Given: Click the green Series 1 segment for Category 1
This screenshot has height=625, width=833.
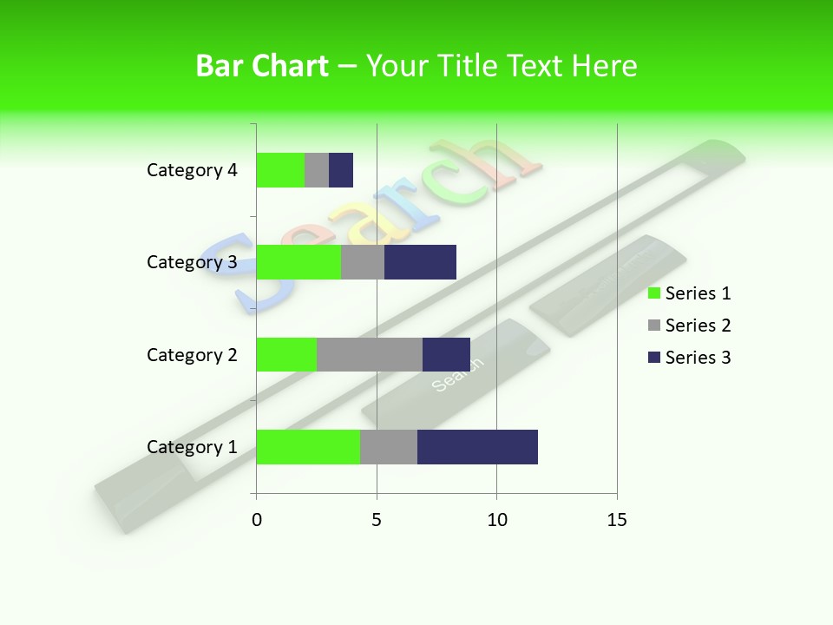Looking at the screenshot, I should (x=308, y=447).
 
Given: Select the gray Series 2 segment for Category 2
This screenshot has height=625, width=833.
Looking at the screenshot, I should (x=370, y=354).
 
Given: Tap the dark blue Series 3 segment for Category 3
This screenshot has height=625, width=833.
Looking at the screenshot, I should (x=420, y=262).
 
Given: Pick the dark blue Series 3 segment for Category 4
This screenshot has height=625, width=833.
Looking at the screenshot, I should (x=341, y=170).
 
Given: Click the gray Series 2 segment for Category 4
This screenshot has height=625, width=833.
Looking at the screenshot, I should (x=317, y=170).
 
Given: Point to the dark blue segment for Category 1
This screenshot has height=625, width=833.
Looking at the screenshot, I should (x=477, y=447).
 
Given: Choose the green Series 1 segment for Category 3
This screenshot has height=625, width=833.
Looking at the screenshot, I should (x=298, y=262).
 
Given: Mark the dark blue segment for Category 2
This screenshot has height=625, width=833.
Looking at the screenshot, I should (x=446, y=354).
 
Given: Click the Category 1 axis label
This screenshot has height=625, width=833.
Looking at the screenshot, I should (x=192, y=447).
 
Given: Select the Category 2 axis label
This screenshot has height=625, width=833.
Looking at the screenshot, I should (x=192, y=355).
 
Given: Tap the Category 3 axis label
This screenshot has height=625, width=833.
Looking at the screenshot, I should (x=192, y=262).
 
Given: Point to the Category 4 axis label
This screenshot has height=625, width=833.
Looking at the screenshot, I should (x=192, y=170).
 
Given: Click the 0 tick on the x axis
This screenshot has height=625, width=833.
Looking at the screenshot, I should (x=257, y=520).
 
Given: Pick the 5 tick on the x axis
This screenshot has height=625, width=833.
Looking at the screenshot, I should (x=377, y=520).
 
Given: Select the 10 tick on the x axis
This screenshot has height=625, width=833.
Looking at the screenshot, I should (x=496, y=520).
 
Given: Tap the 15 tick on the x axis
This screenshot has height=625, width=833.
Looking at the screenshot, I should (x=617, y=520).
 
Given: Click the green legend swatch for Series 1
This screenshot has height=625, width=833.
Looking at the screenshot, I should (x=654, y=293).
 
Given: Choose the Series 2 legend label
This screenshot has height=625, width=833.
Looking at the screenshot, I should (x=698, y=326).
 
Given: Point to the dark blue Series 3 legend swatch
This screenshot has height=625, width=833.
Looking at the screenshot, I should (x=654, y=358).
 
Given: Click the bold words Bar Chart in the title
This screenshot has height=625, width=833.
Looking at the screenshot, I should (x=262, y=66).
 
